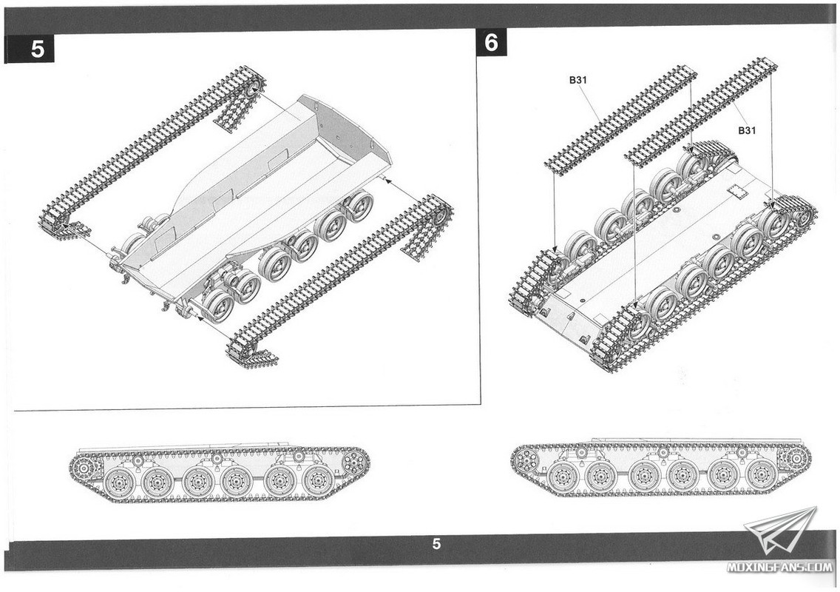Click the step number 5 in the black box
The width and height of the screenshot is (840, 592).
[38, 50]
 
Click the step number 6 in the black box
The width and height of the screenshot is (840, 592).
[491, 42]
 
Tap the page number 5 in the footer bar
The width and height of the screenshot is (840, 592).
[436, 544]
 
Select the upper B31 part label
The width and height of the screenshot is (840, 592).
[578, 81]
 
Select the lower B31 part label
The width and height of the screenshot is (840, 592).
[747, 130]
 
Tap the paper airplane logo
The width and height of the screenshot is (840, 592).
[780, 531]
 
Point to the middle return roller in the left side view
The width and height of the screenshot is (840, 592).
[217, 459]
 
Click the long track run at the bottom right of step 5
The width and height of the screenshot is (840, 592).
[339, 280]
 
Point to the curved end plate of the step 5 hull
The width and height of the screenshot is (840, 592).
[348, 134]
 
